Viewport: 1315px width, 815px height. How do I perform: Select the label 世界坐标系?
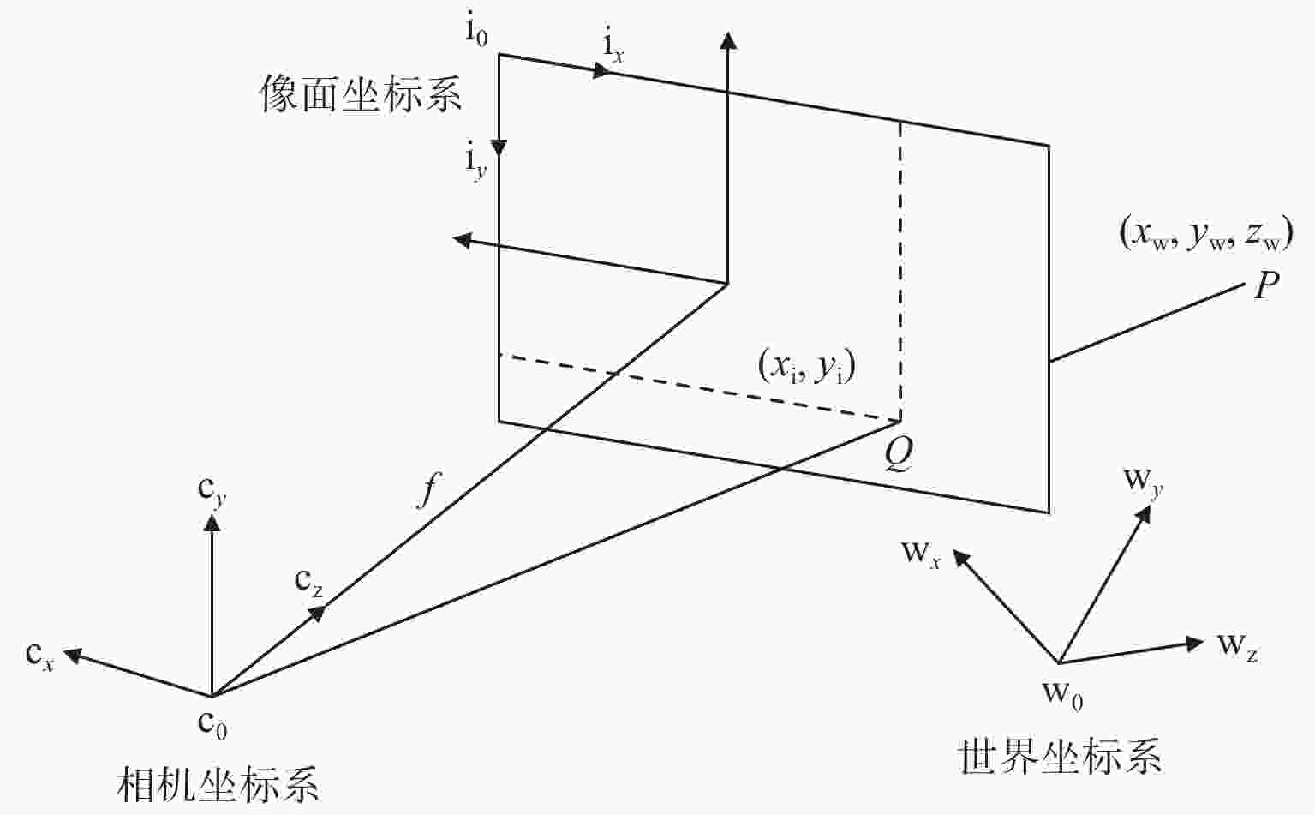pyautogui.click(x=1060, y=758)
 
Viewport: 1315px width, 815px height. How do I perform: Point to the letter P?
pyautogui.click(x=1266, y=285)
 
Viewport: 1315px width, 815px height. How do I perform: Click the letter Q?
pyautogui.click(x=898, y=457)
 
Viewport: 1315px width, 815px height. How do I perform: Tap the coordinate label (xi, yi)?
pyautogui.click(x=807, y=368)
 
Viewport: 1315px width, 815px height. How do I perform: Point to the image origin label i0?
pyautogui.click(x=476, y=33)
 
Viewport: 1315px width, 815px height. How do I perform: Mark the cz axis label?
pyautogui.click(x=308, y=582)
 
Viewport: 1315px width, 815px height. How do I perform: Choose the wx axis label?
pyautogui.click(x=921, y=553)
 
